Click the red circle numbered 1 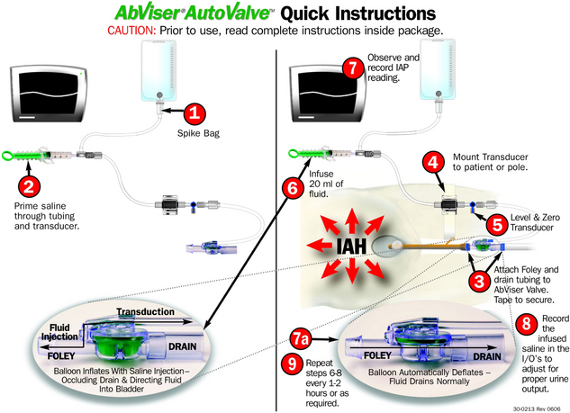coord(195,113)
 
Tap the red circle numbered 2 coord(29,186)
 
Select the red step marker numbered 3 coord(479,281)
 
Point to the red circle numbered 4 coord(433,162)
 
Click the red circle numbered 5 coord(497,224)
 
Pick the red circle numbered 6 coord(294,188)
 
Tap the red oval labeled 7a coord(301,339)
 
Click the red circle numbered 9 coord(293,363)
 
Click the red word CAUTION coord(131,31)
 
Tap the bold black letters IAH coord(351,246)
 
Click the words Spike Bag coord(198,133)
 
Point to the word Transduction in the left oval coord(145,311)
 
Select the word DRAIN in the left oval coord(183,346)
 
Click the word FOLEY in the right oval coord(377,355)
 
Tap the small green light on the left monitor coord(80,74)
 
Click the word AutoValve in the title coord(228,13)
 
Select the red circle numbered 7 coord(353,67)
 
